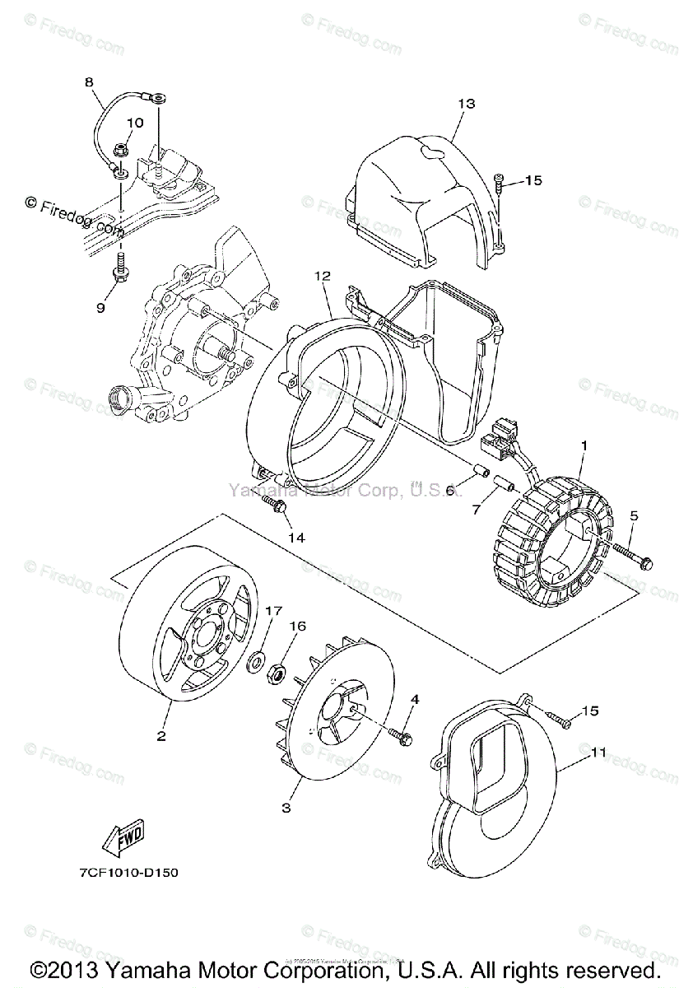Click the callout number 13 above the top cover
pyautogui.click(x=467, y=104)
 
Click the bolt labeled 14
pyautogui.click(x=272, y=505)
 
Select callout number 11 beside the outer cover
pyautogui.click(x=599, y=752)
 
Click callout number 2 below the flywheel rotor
pyautogui.click(x=162, y=735)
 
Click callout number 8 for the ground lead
pyautogui.click(x=89, y=82)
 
